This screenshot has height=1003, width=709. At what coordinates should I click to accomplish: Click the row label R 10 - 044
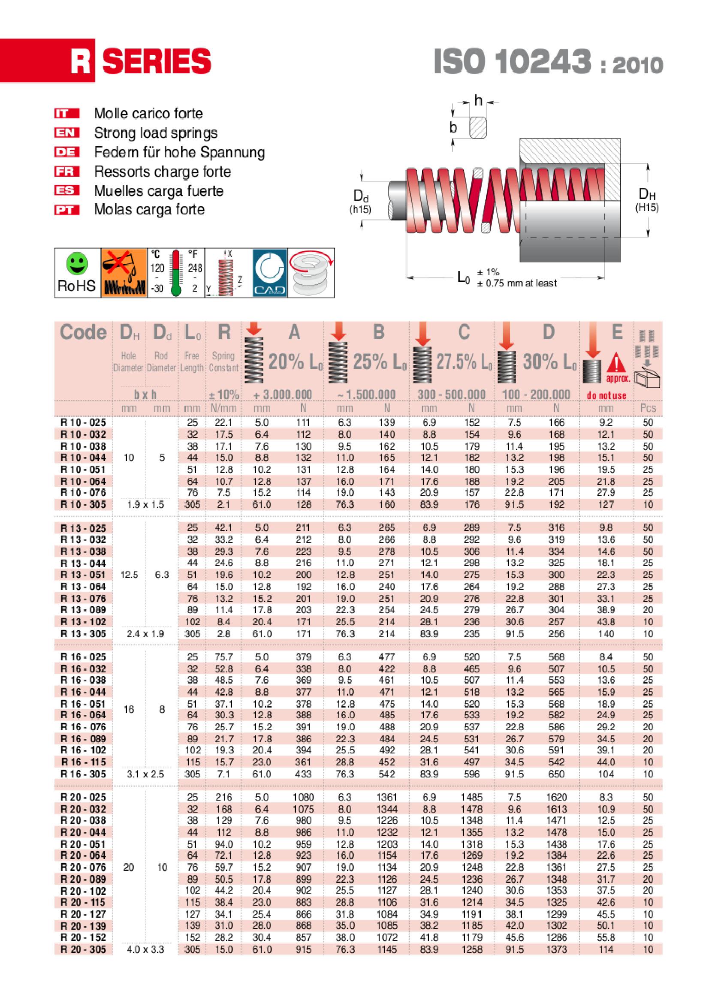tap(83, 458)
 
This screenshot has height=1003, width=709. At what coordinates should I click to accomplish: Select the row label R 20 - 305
tap(83, 949)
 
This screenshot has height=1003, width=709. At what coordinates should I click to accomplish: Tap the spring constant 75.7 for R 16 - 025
tap(223, 657)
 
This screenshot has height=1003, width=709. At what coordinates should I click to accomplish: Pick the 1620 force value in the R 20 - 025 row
tap(556, 797)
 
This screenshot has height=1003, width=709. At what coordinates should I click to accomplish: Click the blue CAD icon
tap(269, 273)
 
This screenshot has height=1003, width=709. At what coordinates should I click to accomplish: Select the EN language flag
tap(67, 133)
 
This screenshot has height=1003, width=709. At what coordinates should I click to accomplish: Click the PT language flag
tap(67, 210)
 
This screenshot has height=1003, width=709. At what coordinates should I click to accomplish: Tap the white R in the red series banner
tap(81, 61)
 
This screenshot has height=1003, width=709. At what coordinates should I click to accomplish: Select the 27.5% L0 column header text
tap(464, 362)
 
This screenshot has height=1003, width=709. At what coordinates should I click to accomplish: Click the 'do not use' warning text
tap(606, 396)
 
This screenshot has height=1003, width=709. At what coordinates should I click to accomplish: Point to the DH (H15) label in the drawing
tap(646, 200)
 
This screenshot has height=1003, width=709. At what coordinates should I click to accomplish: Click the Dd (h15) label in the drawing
tap(360, 202)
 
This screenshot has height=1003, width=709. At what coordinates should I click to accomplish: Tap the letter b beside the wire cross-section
tap(453, 127)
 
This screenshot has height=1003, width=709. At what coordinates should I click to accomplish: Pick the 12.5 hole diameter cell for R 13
tap(129, 575)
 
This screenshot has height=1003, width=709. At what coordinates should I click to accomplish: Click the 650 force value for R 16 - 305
tap(556, 774)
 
